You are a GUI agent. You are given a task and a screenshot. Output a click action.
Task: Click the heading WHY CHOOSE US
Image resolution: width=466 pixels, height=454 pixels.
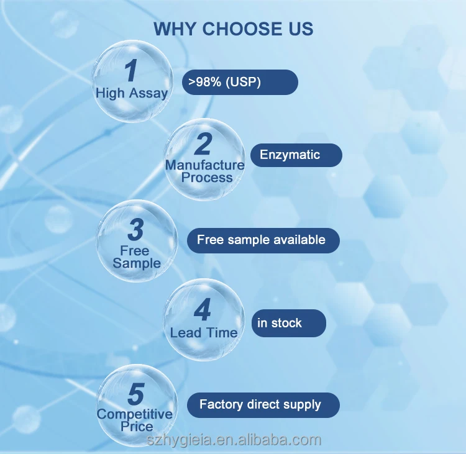(233, 29)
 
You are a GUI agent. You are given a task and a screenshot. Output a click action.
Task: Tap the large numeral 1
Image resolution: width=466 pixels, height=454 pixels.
(130, 71)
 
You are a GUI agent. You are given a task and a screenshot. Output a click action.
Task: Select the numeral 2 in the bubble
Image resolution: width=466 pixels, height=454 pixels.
(203, 144)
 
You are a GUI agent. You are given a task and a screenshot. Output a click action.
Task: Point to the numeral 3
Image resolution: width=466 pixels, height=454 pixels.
(135, 230)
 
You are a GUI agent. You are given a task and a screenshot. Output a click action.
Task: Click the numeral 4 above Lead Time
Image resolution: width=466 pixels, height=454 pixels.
(203, 311)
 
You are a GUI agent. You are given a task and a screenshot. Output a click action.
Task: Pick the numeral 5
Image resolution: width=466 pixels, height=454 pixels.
(135, 394)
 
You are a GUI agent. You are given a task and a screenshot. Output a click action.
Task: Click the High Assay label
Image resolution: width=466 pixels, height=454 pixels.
(132, 93)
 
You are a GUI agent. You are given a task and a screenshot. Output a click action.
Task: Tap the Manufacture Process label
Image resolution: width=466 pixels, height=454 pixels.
(205, 171)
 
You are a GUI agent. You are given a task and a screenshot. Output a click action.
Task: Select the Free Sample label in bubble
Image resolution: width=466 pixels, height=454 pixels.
(136, 257)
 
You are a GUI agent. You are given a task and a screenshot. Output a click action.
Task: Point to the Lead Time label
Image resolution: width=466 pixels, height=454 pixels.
(204, 333)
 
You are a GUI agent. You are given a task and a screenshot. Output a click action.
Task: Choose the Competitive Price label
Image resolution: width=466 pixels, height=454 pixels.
(135, 420)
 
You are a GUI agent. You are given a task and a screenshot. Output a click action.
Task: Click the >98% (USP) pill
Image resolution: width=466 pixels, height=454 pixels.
(240, 82)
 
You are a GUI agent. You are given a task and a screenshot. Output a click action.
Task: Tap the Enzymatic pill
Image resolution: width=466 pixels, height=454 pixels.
(296, 155)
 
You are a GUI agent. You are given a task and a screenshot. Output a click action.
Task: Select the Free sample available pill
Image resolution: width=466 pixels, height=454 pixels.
(263, 240)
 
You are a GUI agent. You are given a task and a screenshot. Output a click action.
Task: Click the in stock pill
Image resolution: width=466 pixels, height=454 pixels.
(288, 323)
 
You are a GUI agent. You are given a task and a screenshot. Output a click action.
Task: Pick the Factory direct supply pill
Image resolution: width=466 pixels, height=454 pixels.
(263, 405)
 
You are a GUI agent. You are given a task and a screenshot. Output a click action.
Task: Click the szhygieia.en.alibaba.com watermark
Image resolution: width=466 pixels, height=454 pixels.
(233, 440)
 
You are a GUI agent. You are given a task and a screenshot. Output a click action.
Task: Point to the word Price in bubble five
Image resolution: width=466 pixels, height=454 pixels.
(137, 427)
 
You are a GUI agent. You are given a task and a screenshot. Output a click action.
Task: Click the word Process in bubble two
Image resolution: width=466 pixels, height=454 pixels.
(207, 178)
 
